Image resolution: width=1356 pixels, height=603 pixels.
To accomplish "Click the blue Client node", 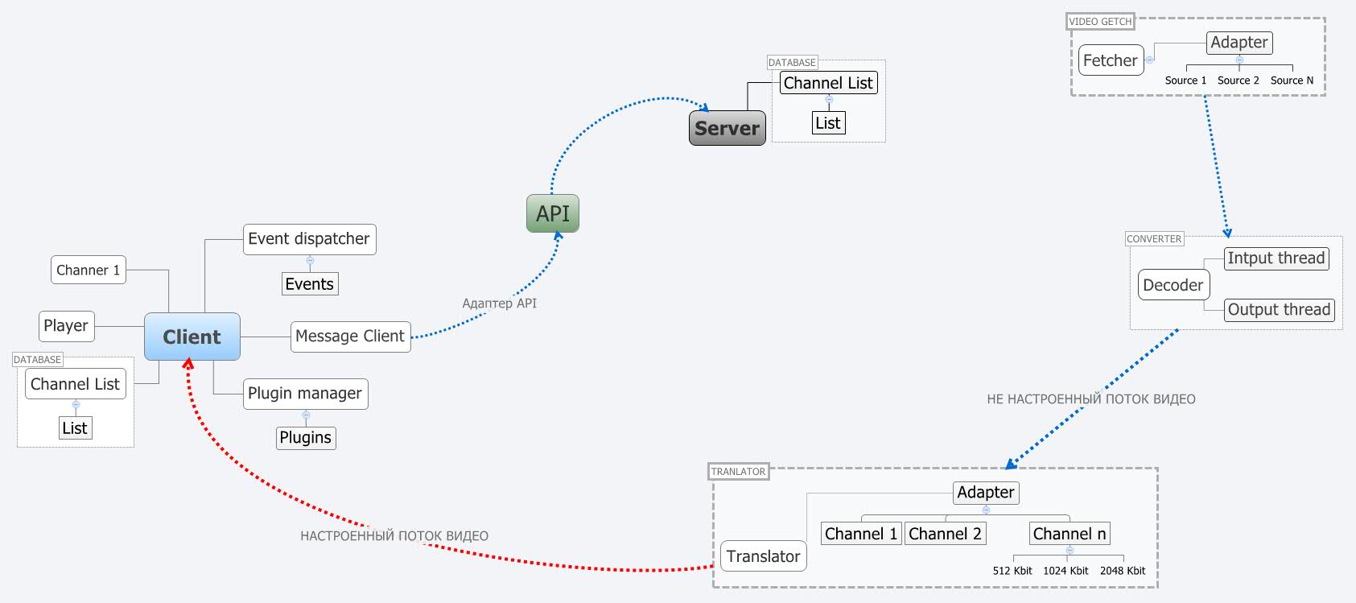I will [192, 337].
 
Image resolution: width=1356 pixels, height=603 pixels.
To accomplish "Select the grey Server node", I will [727, 128].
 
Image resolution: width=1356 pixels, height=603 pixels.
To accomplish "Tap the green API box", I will [553, 213].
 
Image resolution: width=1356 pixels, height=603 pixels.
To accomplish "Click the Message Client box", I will [350, 337].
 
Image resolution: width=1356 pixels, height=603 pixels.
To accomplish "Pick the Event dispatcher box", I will [309, 239].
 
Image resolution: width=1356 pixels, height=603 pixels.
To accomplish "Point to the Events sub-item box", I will [310, 284].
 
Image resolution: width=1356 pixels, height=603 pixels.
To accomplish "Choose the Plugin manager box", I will [305, 394].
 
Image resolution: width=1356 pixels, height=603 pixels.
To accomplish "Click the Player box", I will [66, 326].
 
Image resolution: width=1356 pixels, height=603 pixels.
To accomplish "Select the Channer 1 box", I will [89, 271].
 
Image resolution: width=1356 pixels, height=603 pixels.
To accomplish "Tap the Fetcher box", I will [1111, 60].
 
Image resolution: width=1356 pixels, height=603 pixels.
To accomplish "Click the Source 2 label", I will [1239, 81].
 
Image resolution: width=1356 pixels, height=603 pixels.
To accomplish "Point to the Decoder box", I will [1173, 285].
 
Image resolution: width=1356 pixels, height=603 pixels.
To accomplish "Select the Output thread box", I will [1279, 310].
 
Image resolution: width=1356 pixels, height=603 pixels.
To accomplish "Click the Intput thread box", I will [1276, 258].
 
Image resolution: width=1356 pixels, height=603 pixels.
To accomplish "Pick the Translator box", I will [763, 556].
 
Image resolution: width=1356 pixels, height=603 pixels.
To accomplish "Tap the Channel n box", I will [1070, 534].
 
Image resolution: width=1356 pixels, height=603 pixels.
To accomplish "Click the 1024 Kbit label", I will [1065, 571].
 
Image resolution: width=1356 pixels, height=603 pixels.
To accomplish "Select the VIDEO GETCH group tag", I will [1100, 22].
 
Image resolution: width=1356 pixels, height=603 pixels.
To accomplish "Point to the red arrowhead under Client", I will [188, 363].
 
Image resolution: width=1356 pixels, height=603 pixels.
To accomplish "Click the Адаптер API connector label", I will [499, 304].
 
